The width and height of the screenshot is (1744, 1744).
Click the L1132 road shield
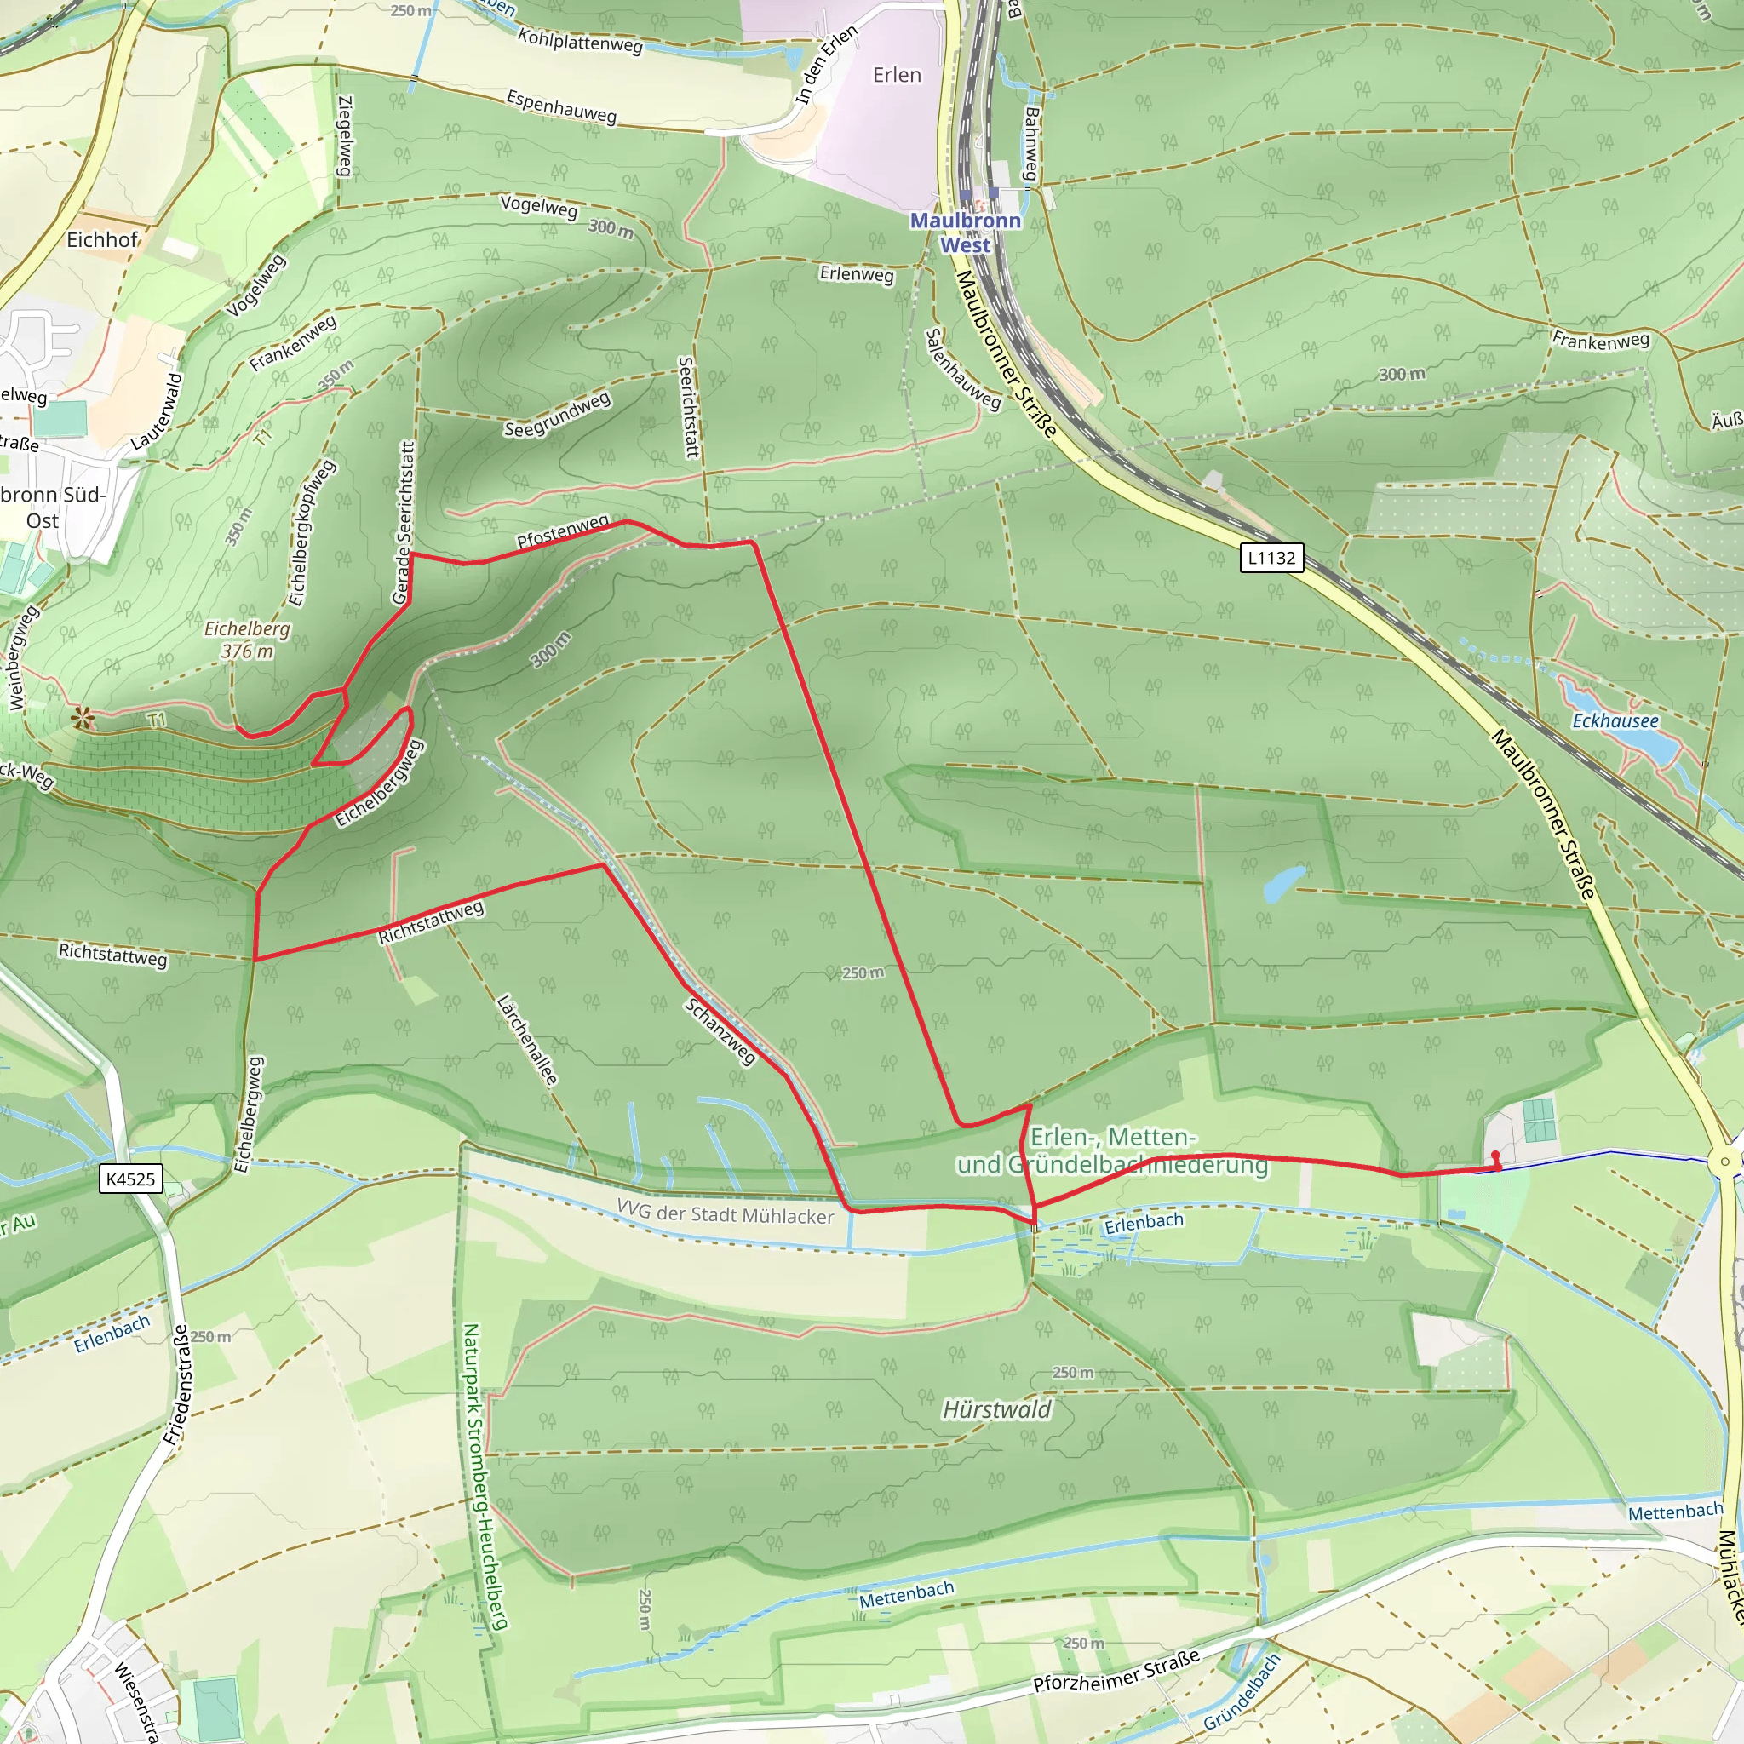click(1271, 558)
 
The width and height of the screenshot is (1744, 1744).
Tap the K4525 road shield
click(131, 1179)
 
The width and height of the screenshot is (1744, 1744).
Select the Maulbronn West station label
click(965, 232)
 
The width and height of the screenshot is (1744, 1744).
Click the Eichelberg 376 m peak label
click(247, 640)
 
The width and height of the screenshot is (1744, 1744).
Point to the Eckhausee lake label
click(1615, 720)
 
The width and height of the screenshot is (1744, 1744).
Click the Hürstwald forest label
click(996, 1410)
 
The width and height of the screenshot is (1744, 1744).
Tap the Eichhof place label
click(102, 239)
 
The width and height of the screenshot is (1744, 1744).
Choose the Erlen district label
click(897, 75)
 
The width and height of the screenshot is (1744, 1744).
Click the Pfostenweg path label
click(562, 531)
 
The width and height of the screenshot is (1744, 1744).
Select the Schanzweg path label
click(720, 1032)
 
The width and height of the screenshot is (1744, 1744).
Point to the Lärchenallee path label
click(527, 1040)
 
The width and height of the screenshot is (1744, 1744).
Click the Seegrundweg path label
click(557, 416)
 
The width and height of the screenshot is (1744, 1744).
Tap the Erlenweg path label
click(857, 273)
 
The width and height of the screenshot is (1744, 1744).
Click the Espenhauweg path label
click(561, 106)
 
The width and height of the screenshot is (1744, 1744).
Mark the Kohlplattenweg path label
click(580, 41)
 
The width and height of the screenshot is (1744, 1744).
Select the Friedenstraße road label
click(178, 1385)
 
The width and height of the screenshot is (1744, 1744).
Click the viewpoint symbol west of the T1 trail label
click(82, 718)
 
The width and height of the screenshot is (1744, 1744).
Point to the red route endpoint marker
click(1495, 1156)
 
